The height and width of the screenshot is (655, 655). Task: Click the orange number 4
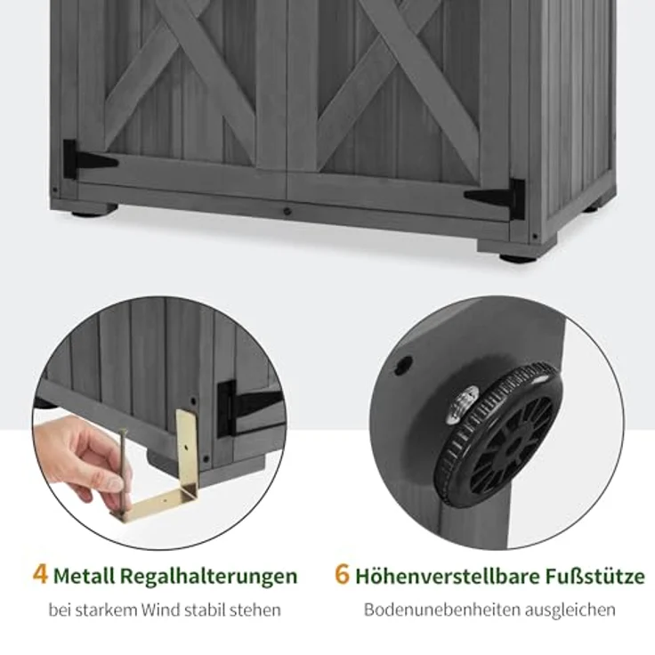[40, 574]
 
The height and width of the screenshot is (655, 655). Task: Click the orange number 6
[343, 574]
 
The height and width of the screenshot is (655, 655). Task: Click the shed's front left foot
[94, 211]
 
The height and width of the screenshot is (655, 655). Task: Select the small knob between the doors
[287, 213]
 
